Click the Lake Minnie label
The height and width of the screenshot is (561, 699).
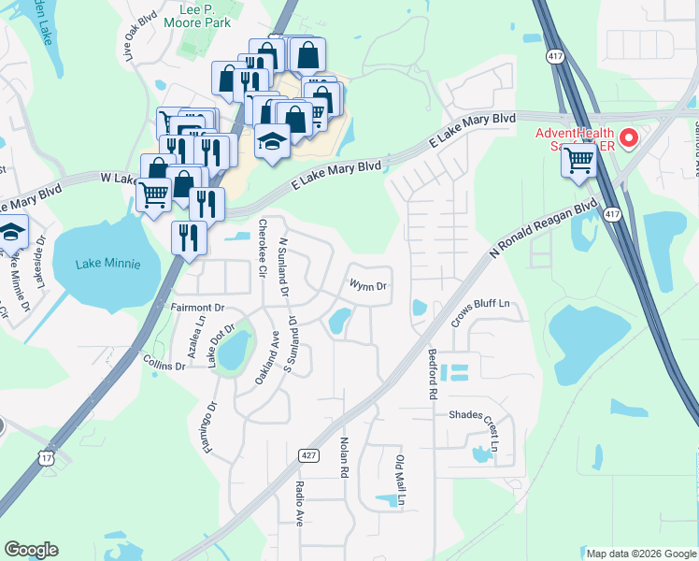pos(96,264)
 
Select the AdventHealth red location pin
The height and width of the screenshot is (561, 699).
pos(629,141)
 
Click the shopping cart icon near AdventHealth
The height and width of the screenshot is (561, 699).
pos(579,161)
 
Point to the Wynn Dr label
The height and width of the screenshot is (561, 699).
pos(367,285)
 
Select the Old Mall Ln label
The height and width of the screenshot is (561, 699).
pos(400,481)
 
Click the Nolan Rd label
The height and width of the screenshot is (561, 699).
pos(344,458)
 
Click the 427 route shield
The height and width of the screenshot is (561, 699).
pos(309,454)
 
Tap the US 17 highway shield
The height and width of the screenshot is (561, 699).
pos(47,457)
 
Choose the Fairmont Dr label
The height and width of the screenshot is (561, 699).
pos(198,307)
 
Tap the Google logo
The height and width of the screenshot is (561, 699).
pos(31,550)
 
